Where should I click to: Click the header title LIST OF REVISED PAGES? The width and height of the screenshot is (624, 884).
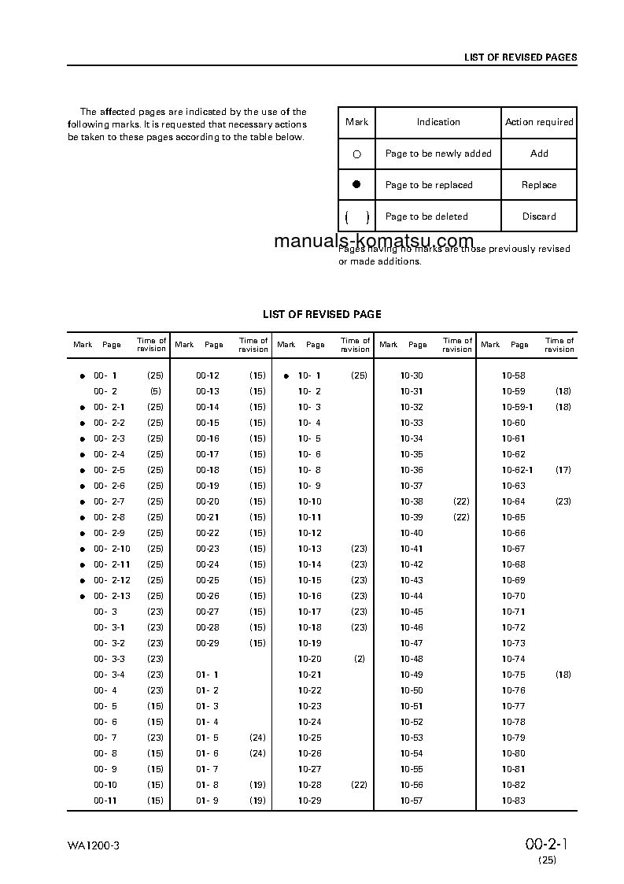pyautogui.click(x=520, y=57)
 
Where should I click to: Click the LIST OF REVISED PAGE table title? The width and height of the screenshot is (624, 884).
pyautogui.click(x=322, y=314)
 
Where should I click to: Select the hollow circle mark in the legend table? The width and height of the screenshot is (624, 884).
pyautogui.click(x=356, y=154)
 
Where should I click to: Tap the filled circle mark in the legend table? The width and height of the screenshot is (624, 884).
pyautogui.click(x=356, y=184)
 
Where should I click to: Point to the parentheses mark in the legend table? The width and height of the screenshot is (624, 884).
pyautogui.click(x=356, y=217)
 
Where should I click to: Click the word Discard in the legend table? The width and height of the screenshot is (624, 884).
pyautogui.click(x=539, y=216)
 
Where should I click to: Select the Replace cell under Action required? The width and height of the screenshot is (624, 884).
pyautogui.click(x=539, y=185)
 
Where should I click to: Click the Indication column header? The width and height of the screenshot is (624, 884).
pyautogui.click(x=438, y=122)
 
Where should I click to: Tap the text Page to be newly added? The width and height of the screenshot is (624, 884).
pyautogui.click(x=438, y=153)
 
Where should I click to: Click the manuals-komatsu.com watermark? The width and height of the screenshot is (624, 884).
pyautogui.click(x=374, y=241)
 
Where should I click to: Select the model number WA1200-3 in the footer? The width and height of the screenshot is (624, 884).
pyautogui.click(x=93, y=845)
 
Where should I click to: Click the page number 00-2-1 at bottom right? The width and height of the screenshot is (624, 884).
pyautogui.click(x=547, y=845)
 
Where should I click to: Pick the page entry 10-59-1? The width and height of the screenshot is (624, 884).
pyautogui.click(x=517, y=407)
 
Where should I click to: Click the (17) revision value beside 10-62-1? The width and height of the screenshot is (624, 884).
pyautogui.click(x=563, y=470)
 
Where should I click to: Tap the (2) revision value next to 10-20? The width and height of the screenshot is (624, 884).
pyautogui.click(x=359, y=659)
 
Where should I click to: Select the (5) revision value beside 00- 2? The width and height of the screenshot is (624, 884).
pyautogui.click(x=155, y=391)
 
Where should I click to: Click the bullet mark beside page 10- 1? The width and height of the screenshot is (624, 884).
pyautogui.click(x=286, y=376)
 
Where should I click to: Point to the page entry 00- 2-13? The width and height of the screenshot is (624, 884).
pyautogui.click(x=112, y=596)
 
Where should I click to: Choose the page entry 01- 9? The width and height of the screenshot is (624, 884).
pyautogui.click(x=207, y=801)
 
